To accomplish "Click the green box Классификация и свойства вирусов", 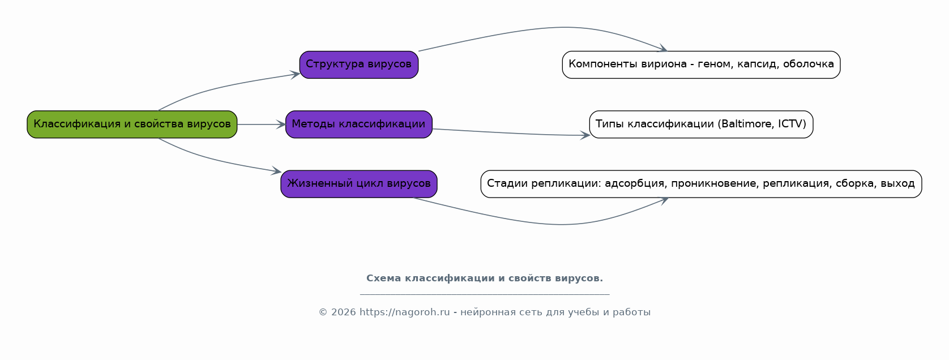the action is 132,125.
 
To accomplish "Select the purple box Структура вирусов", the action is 359,65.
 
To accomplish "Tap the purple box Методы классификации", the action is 359,125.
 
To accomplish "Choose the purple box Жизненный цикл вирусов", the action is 359,184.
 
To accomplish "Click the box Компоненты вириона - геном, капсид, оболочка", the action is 701,65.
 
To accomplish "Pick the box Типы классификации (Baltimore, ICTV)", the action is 701,125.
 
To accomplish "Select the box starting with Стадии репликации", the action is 701,184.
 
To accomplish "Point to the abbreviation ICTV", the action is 790,123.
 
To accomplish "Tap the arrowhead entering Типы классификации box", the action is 585,135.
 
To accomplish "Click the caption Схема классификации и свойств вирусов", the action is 485,278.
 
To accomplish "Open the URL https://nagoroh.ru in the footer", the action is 405,312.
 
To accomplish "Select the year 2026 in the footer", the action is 343,312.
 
